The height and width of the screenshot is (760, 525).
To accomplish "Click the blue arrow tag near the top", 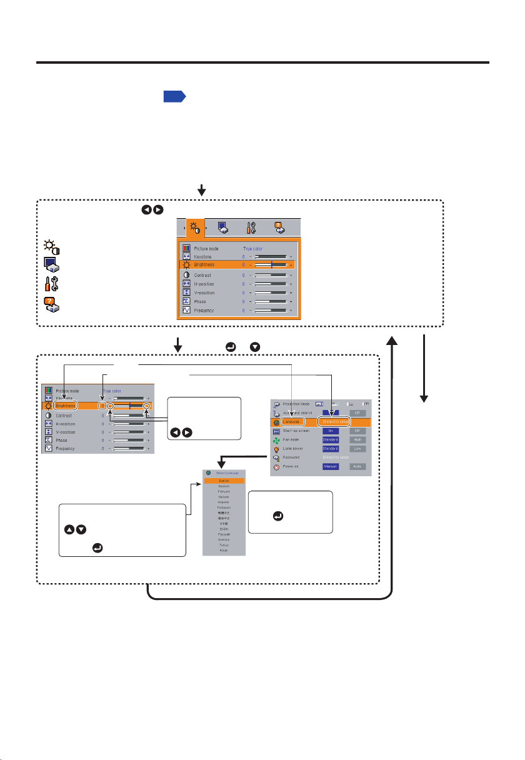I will [174, 97].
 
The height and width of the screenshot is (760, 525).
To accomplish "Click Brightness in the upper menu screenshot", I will [205, 265].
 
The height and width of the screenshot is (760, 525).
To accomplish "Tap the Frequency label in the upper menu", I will [204, 310].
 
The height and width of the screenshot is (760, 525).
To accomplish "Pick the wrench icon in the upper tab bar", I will [250, 229].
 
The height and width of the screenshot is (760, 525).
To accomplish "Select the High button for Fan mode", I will [357, 440].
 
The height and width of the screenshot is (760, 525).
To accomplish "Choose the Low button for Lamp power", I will [357, 449].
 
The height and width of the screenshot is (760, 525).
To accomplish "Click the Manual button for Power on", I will [331, 466].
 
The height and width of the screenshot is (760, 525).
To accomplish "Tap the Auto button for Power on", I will [357, 466].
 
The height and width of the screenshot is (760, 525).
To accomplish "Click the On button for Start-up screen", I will [331, 431].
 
